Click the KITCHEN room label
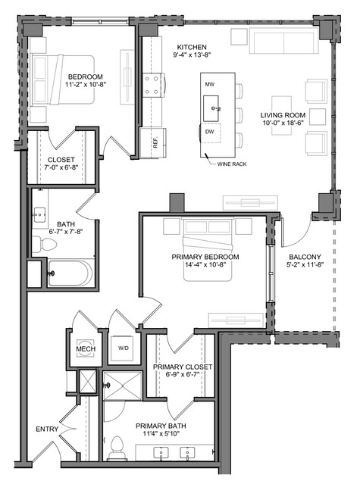tap(192, 47)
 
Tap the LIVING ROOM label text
tap(283, 115)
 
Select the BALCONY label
tap(305, 257)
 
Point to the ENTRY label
tap(47, 429)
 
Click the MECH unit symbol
tap(86, 349)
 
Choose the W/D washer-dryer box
tap(124, 348)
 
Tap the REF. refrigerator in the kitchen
tap(153, 143)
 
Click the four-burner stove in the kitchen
tap(152, 86)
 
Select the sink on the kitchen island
tap(211, 108)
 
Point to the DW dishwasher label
tap(210, 132)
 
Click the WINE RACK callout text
tap(232, 164)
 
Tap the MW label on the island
tap(210, 84)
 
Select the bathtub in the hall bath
tap(70, 273)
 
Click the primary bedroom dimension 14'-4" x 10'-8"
tap(205, 264)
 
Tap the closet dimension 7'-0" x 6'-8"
tap(61, 167)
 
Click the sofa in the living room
tap(283, 41)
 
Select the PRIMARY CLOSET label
tap(183, 367)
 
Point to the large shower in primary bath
tap(123, 386)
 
